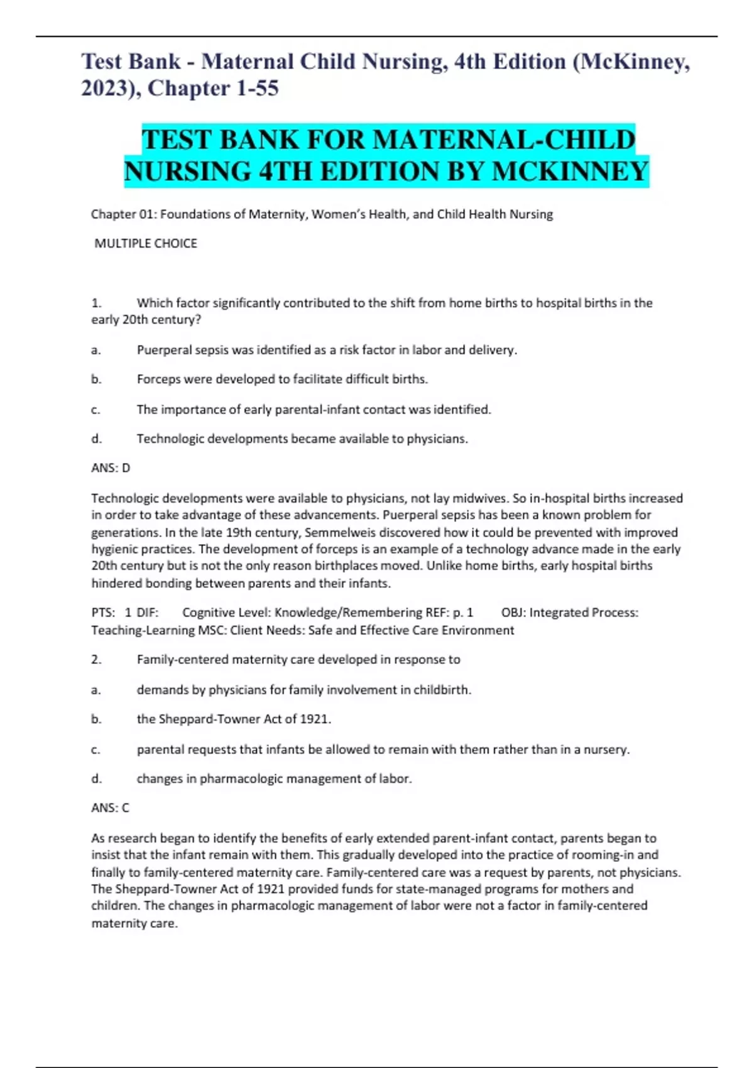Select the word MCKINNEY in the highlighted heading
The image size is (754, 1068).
(570, 171)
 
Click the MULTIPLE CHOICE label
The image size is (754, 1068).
(146, 243)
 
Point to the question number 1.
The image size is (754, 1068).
(96, 303)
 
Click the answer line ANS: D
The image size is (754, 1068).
(111, 468)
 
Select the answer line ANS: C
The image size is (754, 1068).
(111, 808)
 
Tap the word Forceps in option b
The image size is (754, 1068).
(158, 379)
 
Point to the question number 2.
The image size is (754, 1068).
(96, 660)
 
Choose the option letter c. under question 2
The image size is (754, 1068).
(96, 749)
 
